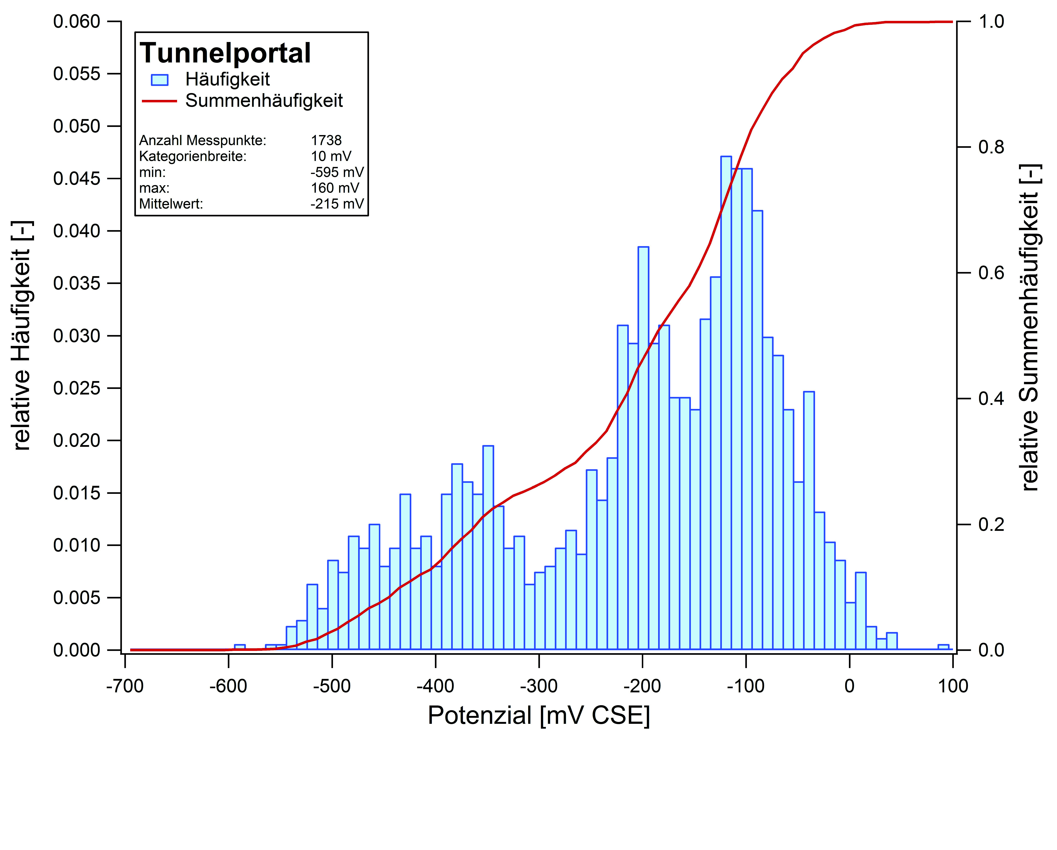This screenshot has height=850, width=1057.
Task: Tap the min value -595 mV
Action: pyautogui.click(x=337, y=172)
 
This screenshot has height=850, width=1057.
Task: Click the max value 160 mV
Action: pyautogui.click(x=335, y=188)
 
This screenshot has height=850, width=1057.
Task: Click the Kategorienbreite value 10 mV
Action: pyautogui.click(x=331, y=156)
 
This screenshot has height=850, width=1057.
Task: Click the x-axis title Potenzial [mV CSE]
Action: pyautogui.click(x=539, y=716)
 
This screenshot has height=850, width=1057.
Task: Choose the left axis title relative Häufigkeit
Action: pyautogui.click(x=22, y=336)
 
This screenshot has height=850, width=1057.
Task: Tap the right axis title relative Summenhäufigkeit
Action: pyautogui.click(x=1030, y=327)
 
